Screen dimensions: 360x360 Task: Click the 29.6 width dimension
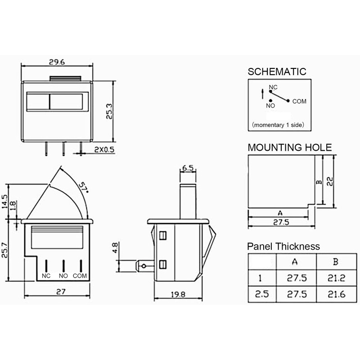(57, 62)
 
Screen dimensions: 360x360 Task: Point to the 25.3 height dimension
(109, 112)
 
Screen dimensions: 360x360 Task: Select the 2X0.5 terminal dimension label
(104, 150)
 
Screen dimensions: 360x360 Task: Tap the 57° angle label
(84, 188)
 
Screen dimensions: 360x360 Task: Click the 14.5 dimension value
(4, 202)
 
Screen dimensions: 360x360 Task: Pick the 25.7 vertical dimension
(4, 250)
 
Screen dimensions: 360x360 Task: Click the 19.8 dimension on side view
(178, 294)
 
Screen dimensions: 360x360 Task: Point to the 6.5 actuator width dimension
(188, 168)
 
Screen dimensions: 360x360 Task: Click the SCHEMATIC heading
(277, 72)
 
